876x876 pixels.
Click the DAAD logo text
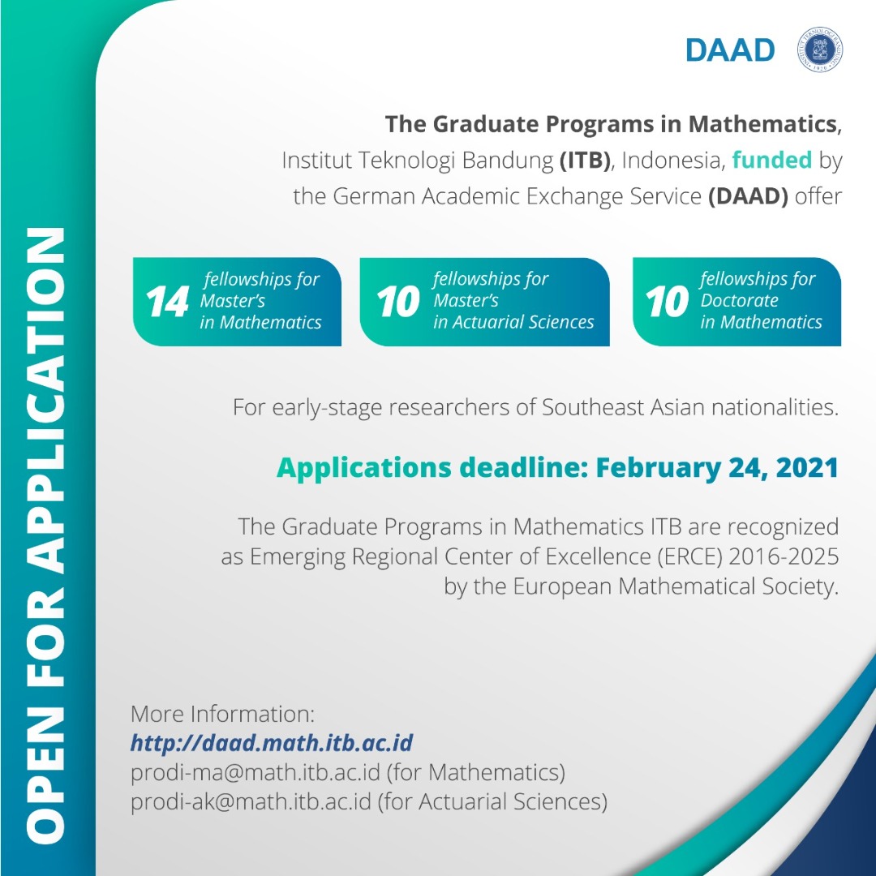pyautogui.click(x=730, y=49)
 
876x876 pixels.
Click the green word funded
pyautogui.click(x=771, y=160)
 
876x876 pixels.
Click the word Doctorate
pyautogui.click(x=739, y=300)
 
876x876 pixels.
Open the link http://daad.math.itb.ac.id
pyautogui.click(x=272, y=742)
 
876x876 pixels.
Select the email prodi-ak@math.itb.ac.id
pyautogui.click(x=251, y=801)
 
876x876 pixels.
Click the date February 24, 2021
pyautogui.click(x=717, y=468)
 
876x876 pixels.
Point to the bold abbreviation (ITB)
pyautogui.click(x=583, y=160)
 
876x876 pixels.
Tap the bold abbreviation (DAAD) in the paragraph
pyautogui.click(x=748, y=196)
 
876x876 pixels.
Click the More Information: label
pyautogui.click(x=222, y=714)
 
